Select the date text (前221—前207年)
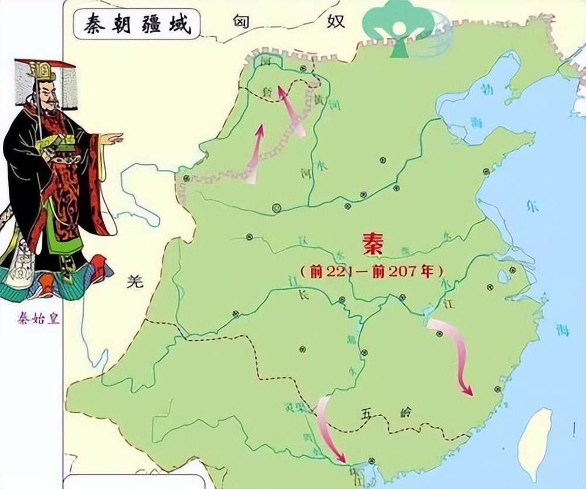(371, 272)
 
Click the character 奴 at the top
(336, 22)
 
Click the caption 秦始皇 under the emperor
(39, 320)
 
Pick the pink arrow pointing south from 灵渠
(330, 428)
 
